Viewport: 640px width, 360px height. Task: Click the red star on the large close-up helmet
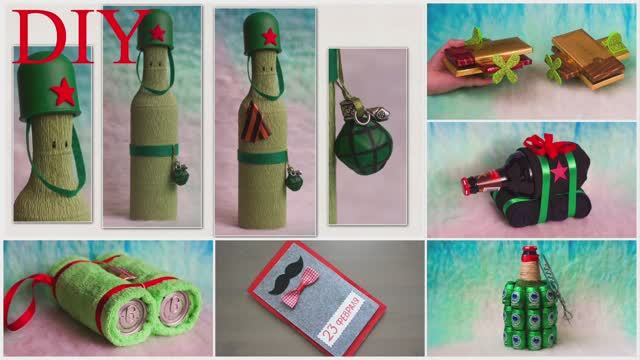(63, 91)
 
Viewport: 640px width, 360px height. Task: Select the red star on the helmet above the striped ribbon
(269, 36)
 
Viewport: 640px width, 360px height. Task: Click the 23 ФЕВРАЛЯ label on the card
(344, 319)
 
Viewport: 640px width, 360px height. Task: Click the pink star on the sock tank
(559, 173)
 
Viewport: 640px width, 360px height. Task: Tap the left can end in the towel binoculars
(132, 316)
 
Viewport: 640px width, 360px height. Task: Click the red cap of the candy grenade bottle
(529, 253)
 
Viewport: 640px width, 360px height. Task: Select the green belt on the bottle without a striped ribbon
(154, 150)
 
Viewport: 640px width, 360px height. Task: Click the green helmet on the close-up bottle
(49, 86)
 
